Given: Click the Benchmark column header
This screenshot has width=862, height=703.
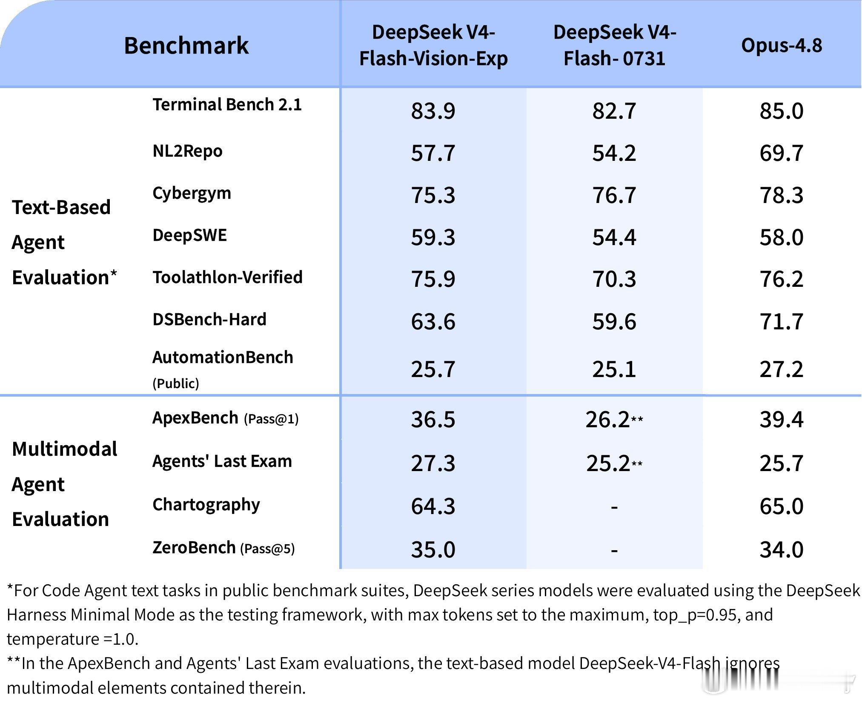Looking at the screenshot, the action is pos(186,45).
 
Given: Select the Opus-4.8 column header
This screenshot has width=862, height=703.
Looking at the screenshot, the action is pos(782,45).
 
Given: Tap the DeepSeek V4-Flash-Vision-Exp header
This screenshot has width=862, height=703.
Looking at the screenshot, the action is pos(433,45).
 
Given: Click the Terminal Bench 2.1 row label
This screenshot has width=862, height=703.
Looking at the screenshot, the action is pos(227,104).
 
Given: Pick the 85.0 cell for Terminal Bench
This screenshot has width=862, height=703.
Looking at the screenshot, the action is pos(782,111).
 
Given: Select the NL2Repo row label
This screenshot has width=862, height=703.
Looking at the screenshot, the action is pos(187,151).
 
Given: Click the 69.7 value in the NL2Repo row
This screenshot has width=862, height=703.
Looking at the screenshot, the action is pos(782,153).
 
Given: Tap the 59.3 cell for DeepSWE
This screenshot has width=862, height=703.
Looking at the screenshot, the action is pos(433,237).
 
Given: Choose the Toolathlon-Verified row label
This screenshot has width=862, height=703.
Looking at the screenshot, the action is pos(227,277).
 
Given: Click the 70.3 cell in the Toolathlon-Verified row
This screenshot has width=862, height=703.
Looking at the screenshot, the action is pos(614,279).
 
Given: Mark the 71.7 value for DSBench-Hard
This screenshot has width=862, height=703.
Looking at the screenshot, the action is pos(782,321).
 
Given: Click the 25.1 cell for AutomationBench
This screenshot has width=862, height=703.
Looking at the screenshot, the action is pos(614,369).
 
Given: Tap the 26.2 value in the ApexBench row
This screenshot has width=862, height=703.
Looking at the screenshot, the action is pos(607,420).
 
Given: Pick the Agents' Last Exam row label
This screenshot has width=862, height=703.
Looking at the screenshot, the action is pos(222,461).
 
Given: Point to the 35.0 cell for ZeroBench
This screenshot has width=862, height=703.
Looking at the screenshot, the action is pos(433,549).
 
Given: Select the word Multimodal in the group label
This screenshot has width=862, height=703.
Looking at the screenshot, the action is pos(65,449).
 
